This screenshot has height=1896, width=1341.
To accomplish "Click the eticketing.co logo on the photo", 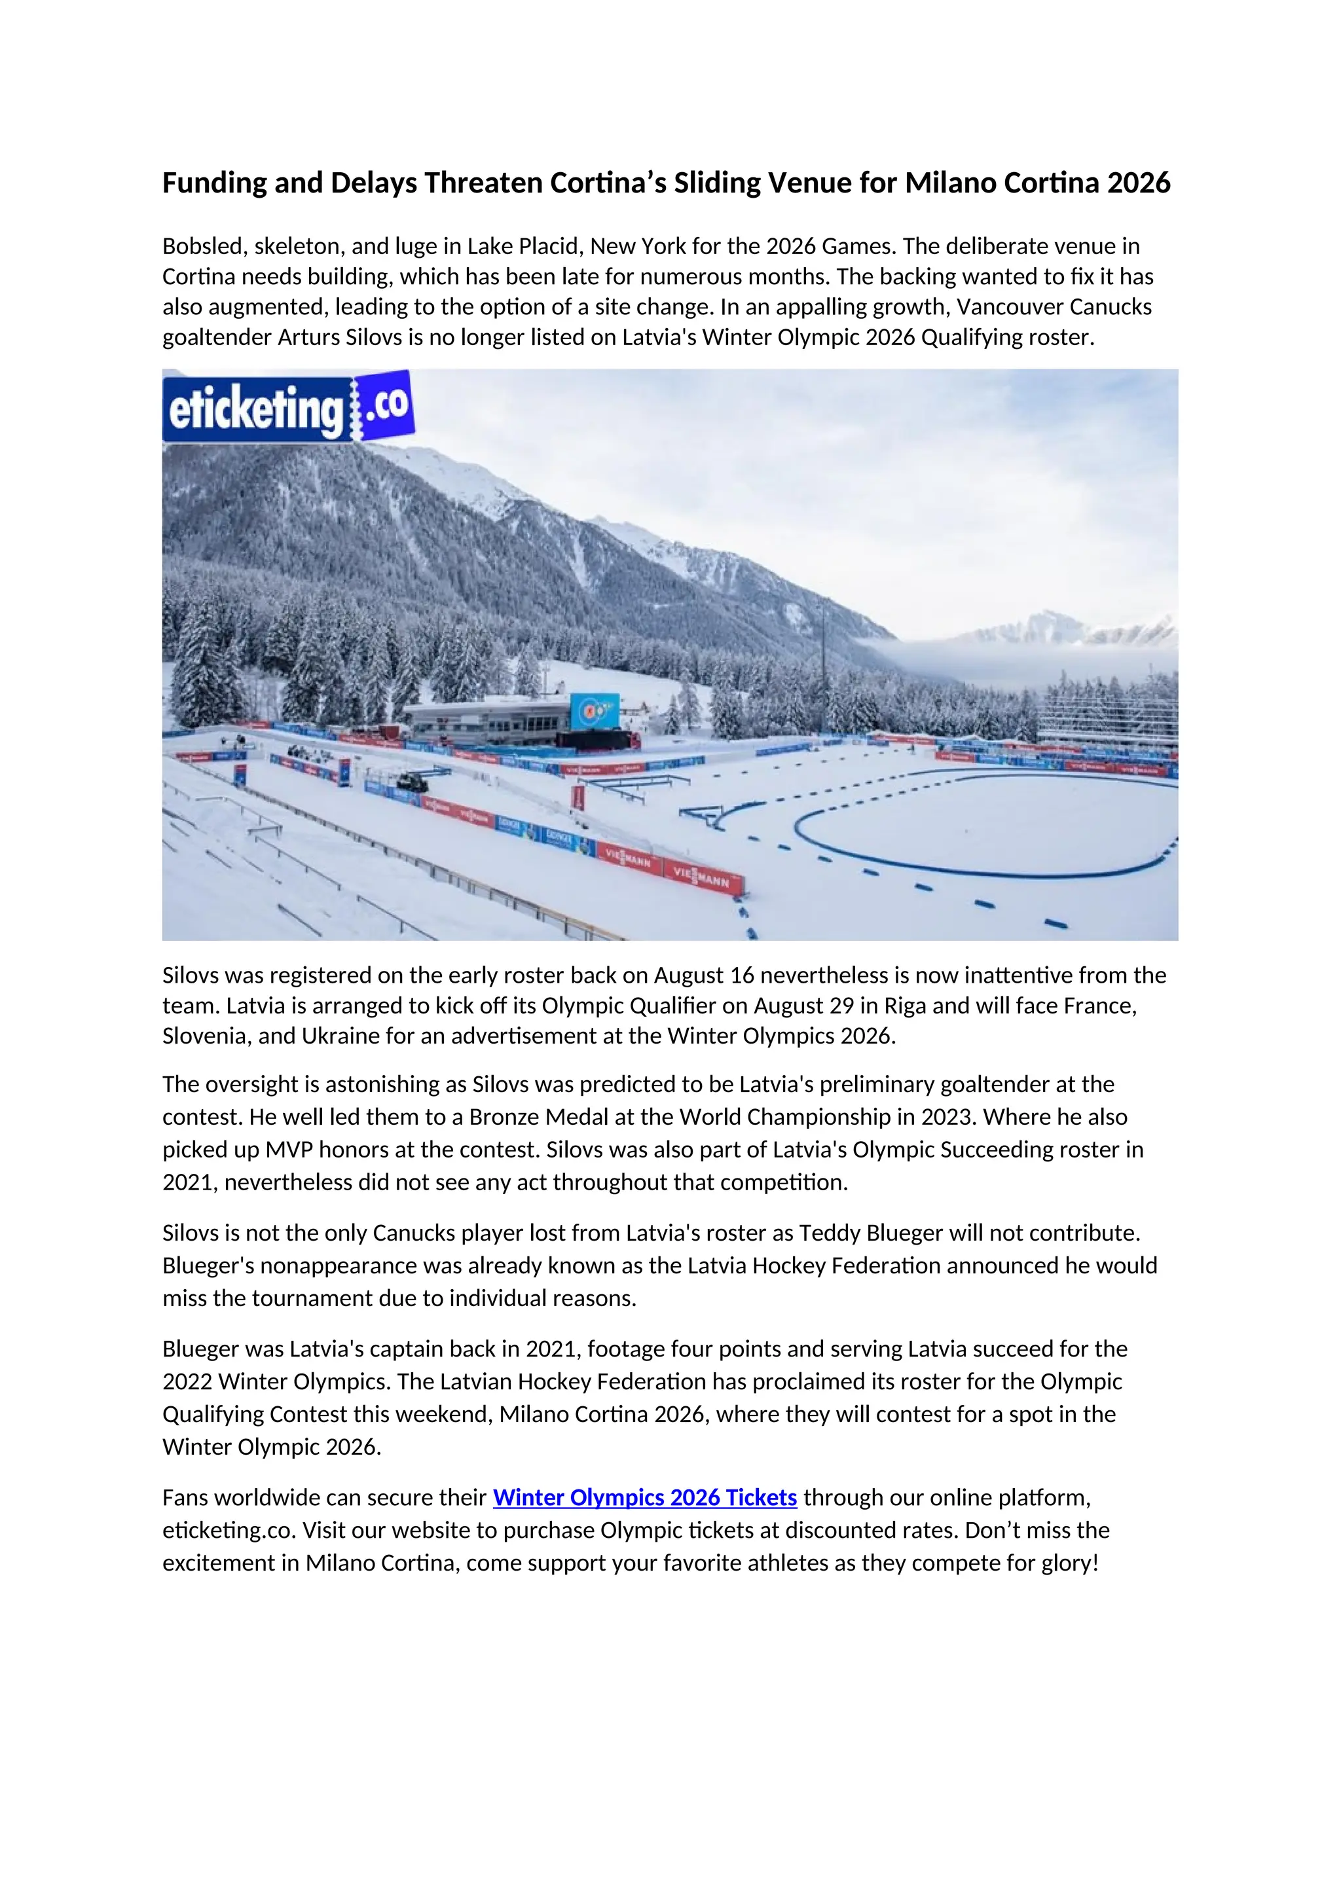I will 287,407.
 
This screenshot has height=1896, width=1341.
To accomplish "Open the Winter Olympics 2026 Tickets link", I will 644,1497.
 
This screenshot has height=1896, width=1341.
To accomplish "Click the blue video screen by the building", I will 594,711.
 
